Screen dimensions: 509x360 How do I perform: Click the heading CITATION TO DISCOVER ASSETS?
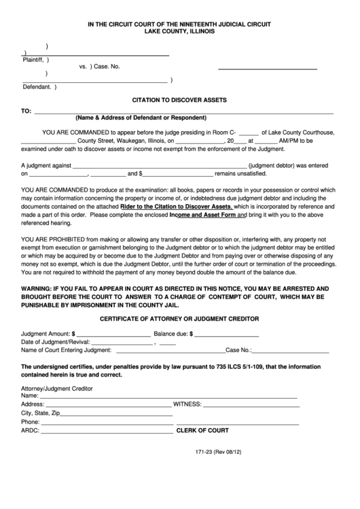point(179,99)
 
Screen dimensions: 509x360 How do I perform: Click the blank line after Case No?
point(267,69)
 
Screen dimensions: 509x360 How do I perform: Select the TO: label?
point(26,110)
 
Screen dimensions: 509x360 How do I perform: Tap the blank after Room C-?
point(249,134)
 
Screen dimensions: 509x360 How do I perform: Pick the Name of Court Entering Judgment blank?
point(170,352)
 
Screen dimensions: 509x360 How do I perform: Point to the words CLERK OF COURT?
point(202,431)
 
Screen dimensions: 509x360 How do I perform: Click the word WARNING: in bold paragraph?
point(39,288)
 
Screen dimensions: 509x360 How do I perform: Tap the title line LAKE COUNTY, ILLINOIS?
point(179,32)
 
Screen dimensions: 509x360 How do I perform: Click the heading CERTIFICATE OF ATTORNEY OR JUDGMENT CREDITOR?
point(179,319)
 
